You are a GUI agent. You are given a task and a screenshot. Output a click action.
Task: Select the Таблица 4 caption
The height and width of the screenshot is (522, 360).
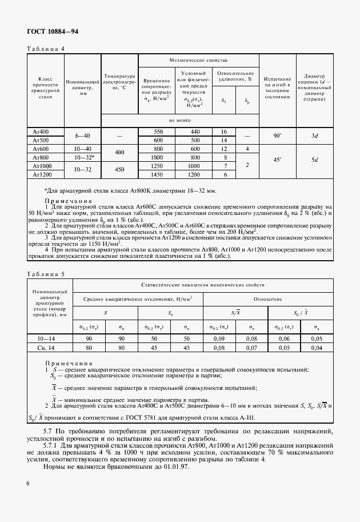click(x=46, y=49)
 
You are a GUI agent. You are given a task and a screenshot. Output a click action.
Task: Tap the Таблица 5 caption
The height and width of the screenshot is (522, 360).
click(x=46, y=274)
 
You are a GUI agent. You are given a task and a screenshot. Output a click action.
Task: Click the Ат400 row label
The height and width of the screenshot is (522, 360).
click(x=41, y=132)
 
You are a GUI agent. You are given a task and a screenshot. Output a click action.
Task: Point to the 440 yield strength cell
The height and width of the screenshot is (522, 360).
click(x=195, y=132)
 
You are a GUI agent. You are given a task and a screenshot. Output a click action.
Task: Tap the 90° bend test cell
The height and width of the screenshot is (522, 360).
click(x=277, y=136)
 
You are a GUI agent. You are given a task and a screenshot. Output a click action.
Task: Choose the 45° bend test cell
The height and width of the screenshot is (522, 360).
click(x=277, y=161)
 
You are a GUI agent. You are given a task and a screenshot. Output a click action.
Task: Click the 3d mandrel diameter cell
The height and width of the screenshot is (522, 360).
click(x=314, y=136)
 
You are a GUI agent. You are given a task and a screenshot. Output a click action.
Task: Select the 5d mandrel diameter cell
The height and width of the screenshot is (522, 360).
click(x=314, y=161)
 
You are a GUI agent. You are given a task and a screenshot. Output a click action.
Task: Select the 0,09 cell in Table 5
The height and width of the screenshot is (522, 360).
click(x=217, y=338)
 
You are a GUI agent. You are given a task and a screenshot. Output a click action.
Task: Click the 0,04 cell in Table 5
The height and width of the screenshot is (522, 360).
click(x=317, y=347)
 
